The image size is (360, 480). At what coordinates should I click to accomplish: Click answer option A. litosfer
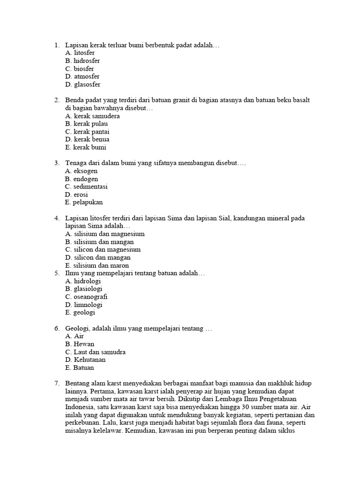[x=80, y=53]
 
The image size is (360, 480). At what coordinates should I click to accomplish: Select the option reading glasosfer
[x=83, y=84]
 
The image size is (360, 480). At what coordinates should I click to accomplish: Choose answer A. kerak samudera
[x=93, y=116]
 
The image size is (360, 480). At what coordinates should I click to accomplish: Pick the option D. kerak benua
[x=88, y=139]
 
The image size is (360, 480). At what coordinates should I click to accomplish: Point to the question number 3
[x=57, y=163]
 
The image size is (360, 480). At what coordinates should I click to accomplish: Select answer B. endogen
[x=82, y=179]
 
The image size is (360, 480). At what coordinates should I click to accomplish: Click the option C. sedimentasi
[x=87, y=187]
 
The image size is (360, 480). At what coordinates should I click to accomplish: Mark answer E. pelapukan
[x=84, y=202]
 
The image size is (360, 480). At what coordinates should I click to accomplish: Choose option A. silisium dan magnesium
[x=105, y=234]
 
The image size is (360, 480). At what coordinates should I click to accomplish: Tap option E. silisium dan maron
[x=97, y=265]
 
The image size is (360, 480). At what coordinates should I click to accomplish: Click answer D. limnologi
[x=84, y=305]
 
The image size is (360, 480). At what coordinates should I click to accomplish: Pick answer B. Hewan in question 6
[x=80, y=344]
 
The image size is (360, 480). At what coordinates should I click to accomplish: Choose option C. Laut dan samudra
[x=96, y=352]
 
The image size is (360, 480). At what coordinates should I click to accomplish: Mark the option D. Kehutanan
[x=86, y=360]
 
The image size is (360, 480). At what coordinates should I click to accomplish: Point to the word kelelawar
[x=107, y=431]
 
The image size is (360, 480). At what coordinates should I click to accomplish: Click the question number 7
[x=57, y=383]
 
